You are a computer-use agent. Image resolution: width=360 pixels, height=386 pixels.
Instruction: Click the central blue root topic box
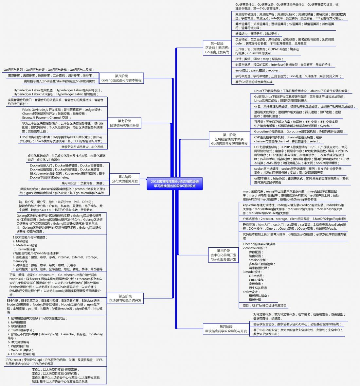coord(175,184)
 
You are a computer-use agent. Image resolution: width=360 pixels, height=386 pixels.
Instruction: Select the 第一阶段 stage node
coord(217,48)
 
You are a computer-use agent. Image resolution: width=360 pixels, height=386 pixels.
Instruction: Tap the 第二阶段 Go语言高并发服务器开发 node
coord(229,139)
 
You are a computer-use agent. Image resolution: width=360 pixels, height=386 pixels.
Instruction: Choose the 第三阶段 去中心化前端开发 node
coord(223,255)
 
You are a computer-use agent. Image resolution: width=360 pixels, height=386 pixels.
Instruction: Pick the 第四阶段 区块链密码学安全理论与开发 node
coord(226,329)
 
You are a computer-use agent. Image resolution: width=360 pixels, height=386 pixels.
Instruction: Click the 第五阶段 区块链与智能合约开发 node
coord(125,298)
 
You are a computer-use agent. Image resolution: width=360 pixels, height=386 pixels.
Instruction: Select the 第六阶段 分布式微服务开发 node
coord(125,179)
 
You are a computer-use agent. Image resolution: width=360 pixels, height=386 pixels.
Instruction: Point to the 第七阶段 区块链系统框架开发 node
coord(124,123)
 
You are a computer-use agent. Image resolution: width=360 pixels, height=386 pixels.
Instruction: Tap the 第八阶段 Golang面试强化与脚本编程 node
coord(121,78)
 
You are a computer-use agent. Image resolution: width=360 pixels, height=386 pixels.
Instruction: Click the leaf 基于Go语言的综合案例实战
coord(254,82)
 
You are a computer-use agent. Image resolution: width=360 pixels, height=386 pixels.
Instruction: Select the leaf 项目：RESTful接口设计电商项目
coord(264,306)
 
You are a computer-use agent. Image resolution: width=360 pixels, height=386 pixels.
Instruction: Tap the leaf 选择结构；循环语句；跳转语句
coord(257,34)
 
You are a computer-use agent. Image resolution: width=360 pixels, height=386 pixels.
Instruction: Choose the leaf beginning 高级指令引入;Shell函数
coord(59,81)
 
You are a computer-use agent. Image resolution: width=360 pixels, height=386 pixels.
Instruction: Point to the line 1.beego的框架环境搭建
coord(259,244)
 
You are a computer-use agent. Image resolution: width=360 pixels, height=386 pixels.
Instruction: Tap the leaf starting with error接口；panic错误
coord(257,70)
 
